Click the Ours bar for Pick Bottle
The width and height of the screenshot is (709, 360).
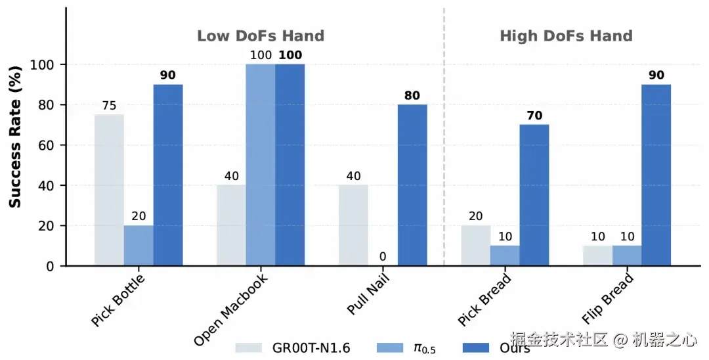coord(168,175)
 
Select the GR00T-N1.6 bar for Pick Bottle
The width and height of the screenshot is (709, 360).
coord(109,190)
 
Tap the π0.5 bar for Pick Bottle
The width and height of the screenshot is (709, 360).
coord(139,245)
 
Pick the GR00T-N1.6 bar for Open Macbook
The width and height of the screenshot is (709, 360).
coord(231,225)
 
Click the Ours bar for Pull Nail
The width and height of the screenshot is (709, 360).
coord(412,185)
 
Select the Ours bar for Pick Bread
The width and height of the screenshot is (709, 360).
coord(534,195)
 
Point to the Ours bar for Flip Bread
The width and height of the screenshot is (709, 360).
coord(656,175)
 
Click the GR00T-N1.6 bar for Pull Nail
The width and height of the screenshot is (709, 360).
coord(353,225)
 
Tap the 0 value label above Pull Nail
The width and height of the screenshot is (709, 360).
coord(383,256)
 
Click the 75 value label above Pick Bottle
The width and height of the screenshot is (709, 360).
coord(109,106)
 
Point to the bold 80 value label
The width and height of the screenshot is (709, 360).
coord(412,96)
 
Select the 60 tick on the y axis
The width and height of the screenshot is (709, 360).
coord(49,145)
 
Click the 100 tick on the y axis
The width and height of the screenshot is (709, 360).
coord(46,64)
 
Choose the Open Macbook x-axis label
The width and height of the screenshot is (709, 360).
coord(231,309)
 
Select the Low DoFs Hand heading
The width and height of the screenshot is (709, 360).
coord(261,36)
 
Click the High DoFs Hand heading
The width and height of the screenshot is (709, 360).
coord(566,36)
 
